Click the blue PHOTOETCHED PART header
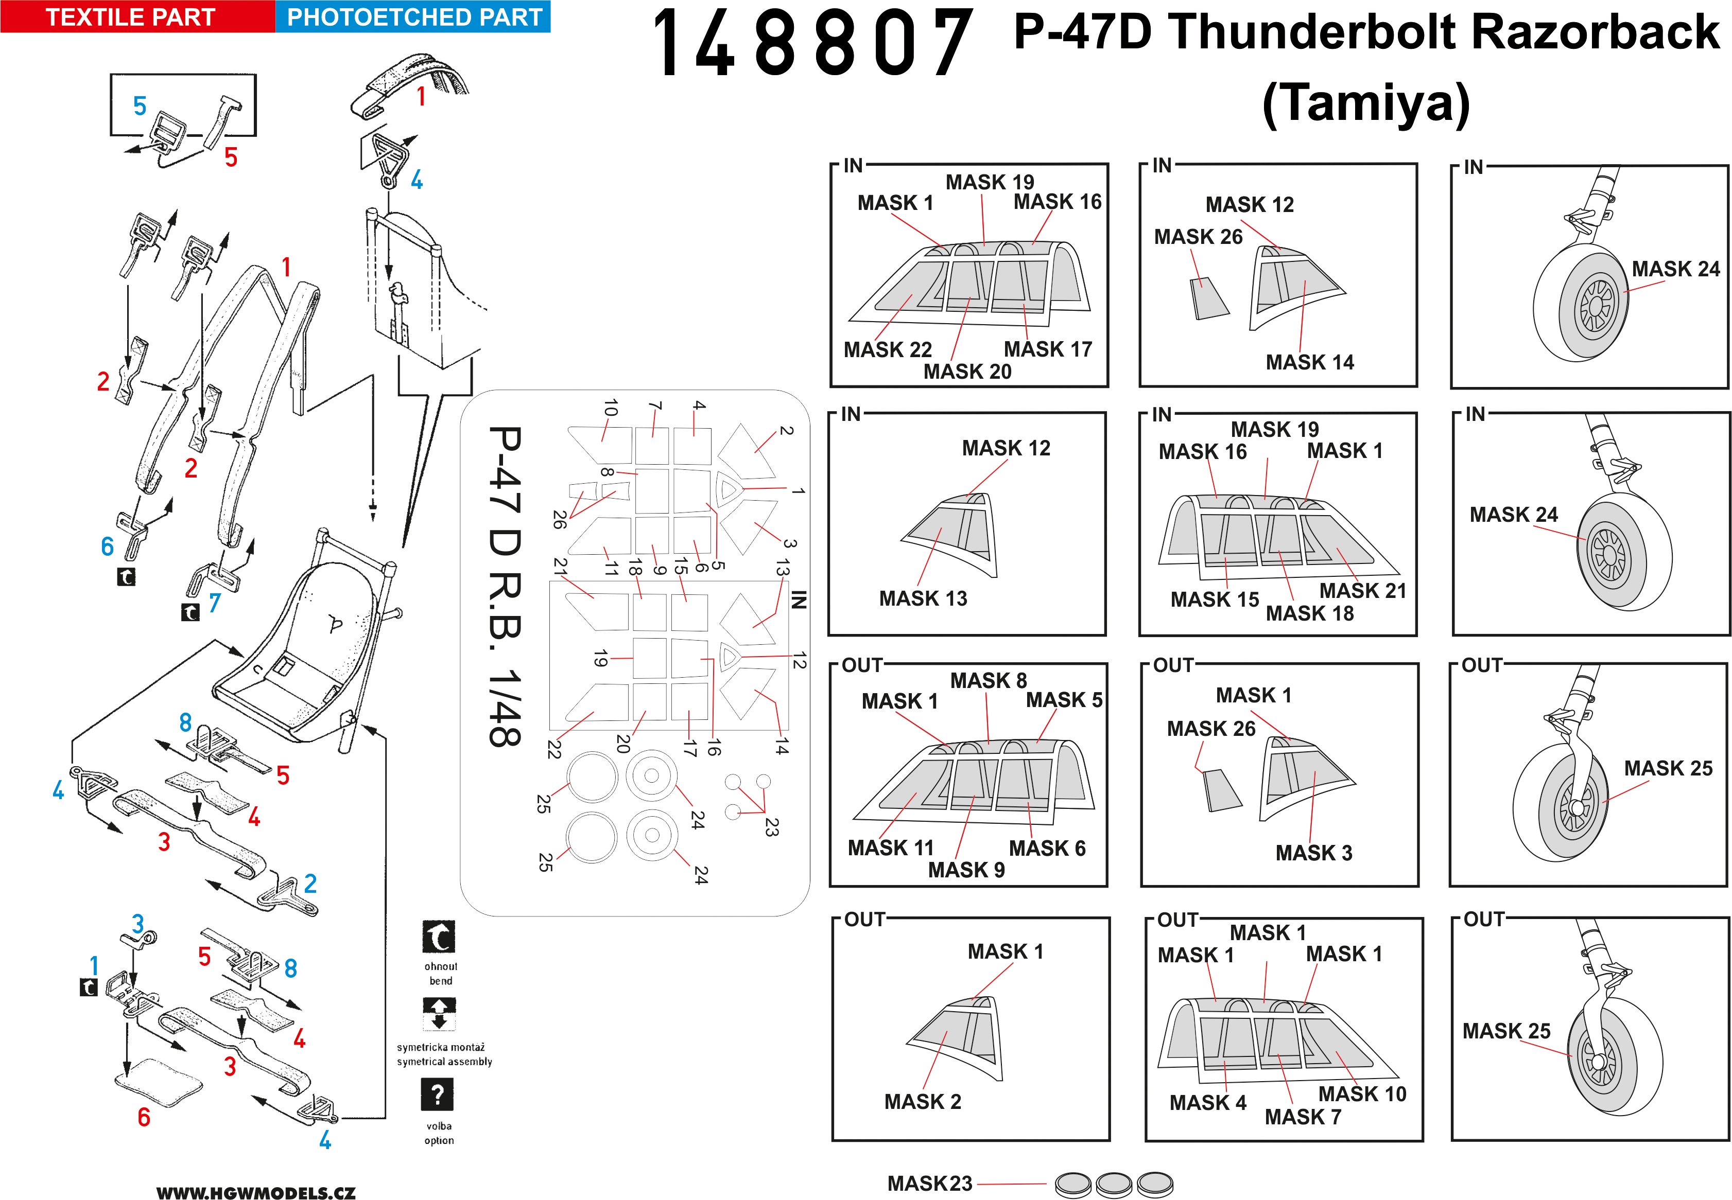[x=413, y=16]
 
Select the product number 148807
[x=813, y=44]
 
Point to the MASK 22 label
[x=888, y=349]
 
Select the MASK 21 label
[x=1363, y=591]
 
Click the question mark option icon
[x=437, y=1094]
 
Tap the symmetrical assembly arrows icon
[x=439, y=1014]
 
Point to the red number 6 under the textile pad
[x=144, y=1117]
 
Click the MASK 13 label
[x=923, y=598]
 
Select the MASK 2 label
[x=923, y=1102]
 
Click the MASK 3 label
[x=1314, y=853]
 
